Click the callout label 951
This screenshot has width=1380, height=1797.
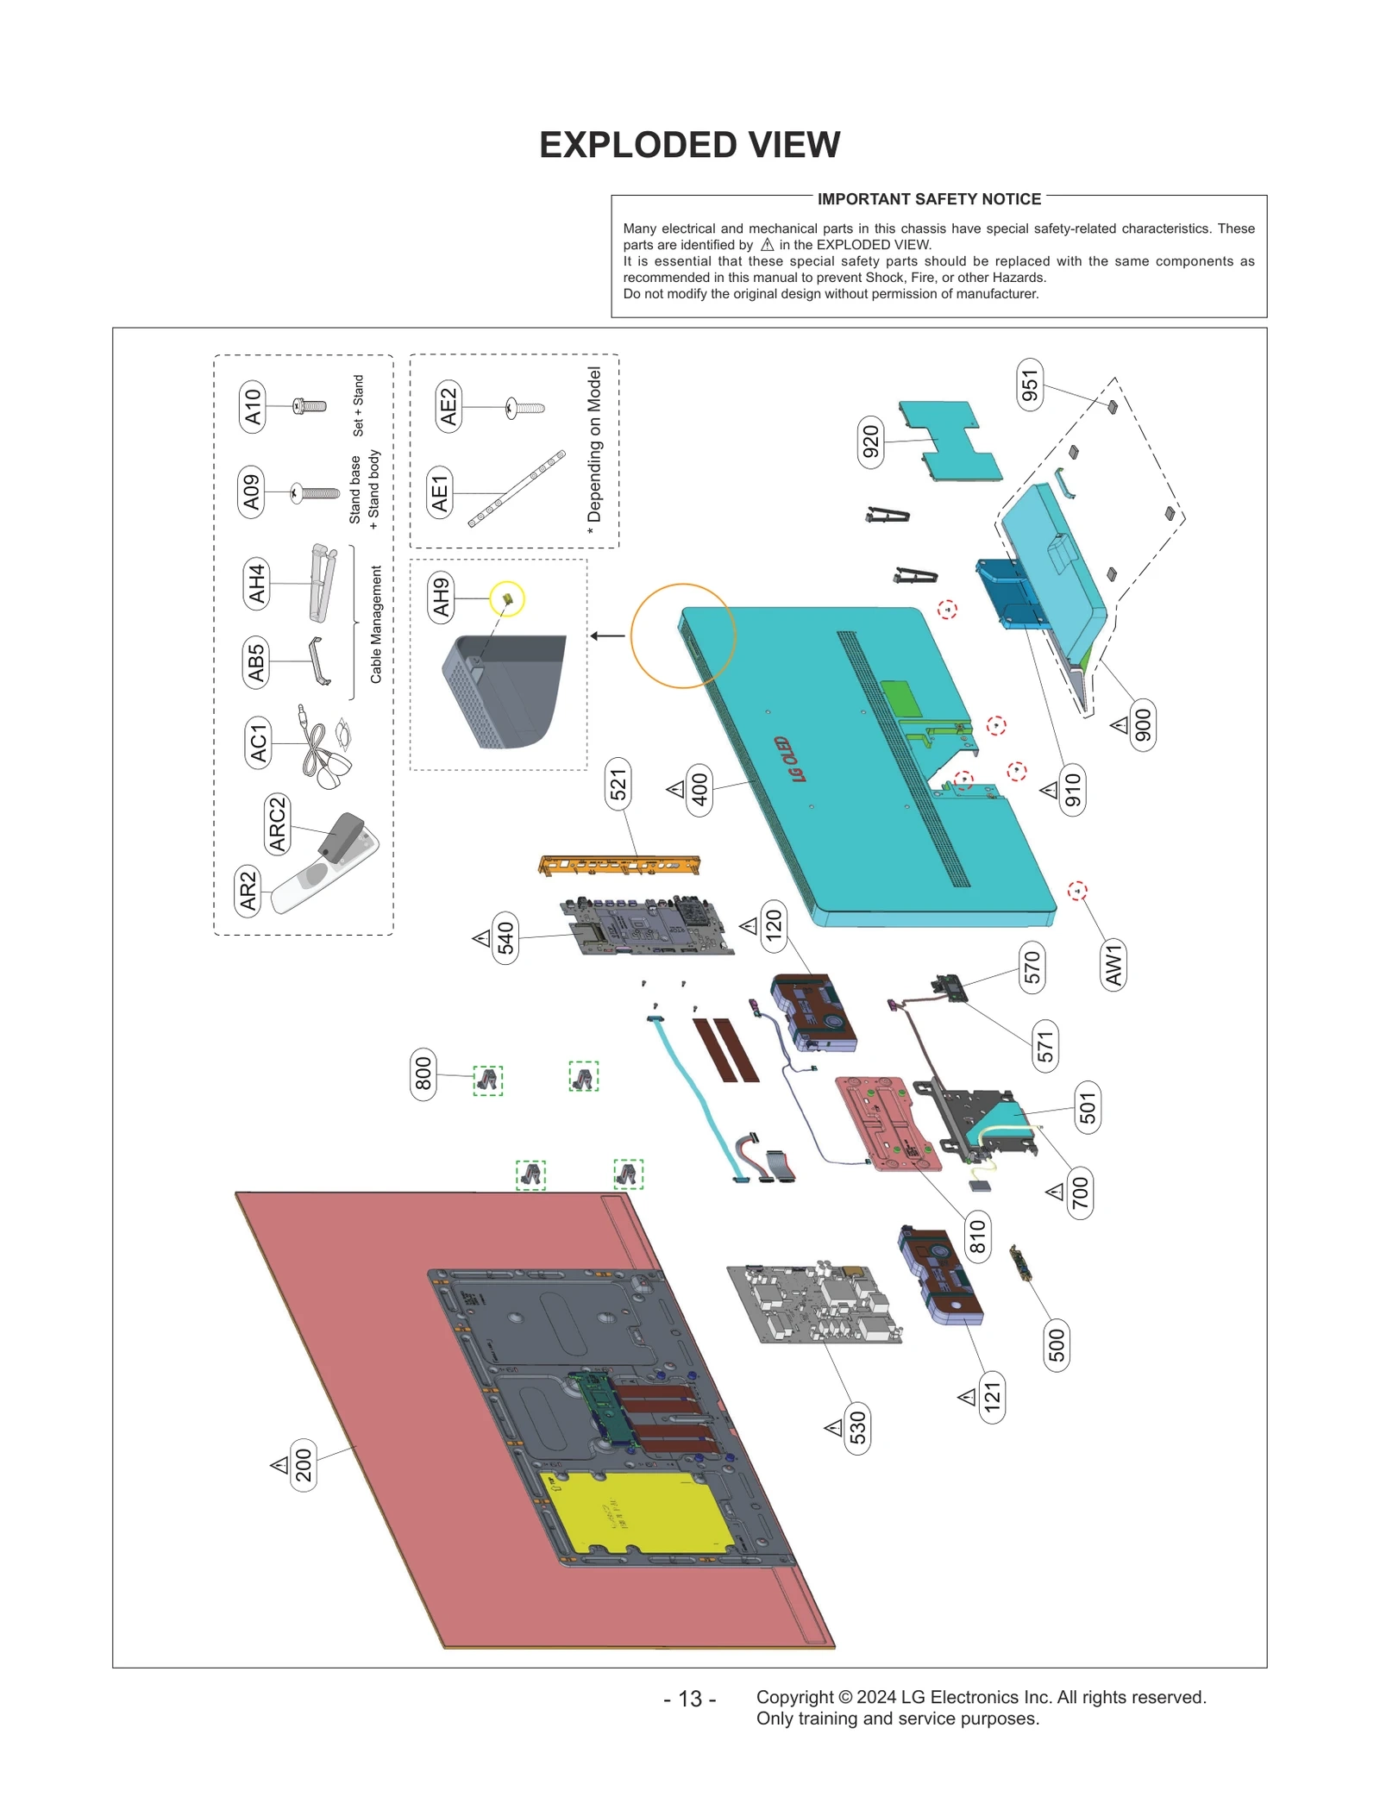pyautogui.click(x=1029, y=385)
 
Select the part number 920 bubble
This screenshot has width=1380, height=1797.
pyautogui.click(x=870, y=441)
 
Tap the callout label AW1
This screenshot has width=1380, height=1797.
pyautogui.click(x=1113, y=965)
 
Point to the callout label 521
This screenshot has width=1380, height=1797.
pyautogui.click(x=618, y=785)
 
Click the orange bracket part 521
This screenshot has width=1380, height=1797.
pyautogui.click(x=619, y=864)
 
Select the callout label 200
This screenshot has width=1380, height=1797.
pyautogui.click(x=304, y=1465)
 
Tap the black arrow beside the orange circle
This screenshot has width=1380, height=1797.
pyautogui.click(x=607, y=636)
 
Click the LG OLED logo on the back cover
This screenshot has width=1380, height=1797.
pyautogui.click(x=789, y=760)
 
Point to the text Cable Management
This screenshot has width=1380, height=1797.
pyautogui.click(x=376, y=624)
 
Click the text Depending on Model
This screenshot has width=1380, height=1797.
pyautogui.click(x=593, y=445)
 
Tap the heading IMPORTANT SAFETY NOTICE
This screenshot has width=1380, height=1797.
pyautogui.click(x=928, y=199)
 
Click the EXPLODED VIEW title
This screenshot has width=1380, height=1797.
pyautogui.click(x=689, y=145)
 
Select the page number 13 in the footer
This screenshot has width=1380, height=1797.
pyautogui.click(x=689, y=1699)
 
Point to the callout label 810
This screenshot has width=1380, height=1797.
pyautogui.click(x=976, y=1237)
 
